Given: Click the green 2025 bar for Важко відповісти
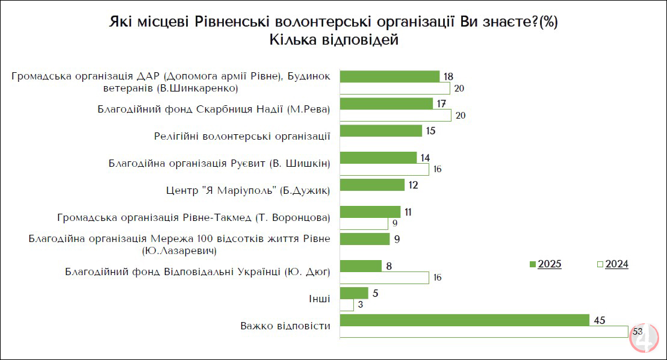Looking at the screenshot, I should (464, 320).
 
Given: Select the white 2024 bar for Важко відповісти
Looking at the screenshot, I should (484, 332).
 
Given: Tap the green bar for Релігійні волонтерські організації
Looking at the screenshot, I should (380, 131).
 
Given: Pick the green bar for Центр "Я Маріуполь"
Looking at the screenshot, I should (372, 185).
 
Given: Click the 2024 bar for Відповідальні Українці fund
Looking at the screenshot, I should (384, 278).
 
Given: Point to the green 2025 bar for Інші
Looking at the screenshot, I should (354, 293).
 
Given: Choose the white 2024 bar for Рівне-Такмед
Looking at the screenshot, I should (364, 223).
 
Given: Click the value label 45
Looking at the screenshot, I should (599, 320).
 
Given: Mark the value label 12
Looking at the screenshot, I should (413, 185).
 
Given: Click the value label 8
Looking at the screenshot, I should (389, 265).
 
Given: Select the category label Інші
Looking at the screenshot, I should (320, 299).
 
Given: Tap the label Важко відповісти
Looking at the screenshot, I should (285, 326).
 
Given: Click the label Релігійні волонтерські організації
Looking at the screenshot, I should (242, 135).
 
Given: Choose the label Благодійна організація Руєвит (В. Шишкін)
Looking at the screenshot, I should (219, 163).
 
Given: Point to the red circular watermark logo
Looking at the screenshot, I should (645, 338).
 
